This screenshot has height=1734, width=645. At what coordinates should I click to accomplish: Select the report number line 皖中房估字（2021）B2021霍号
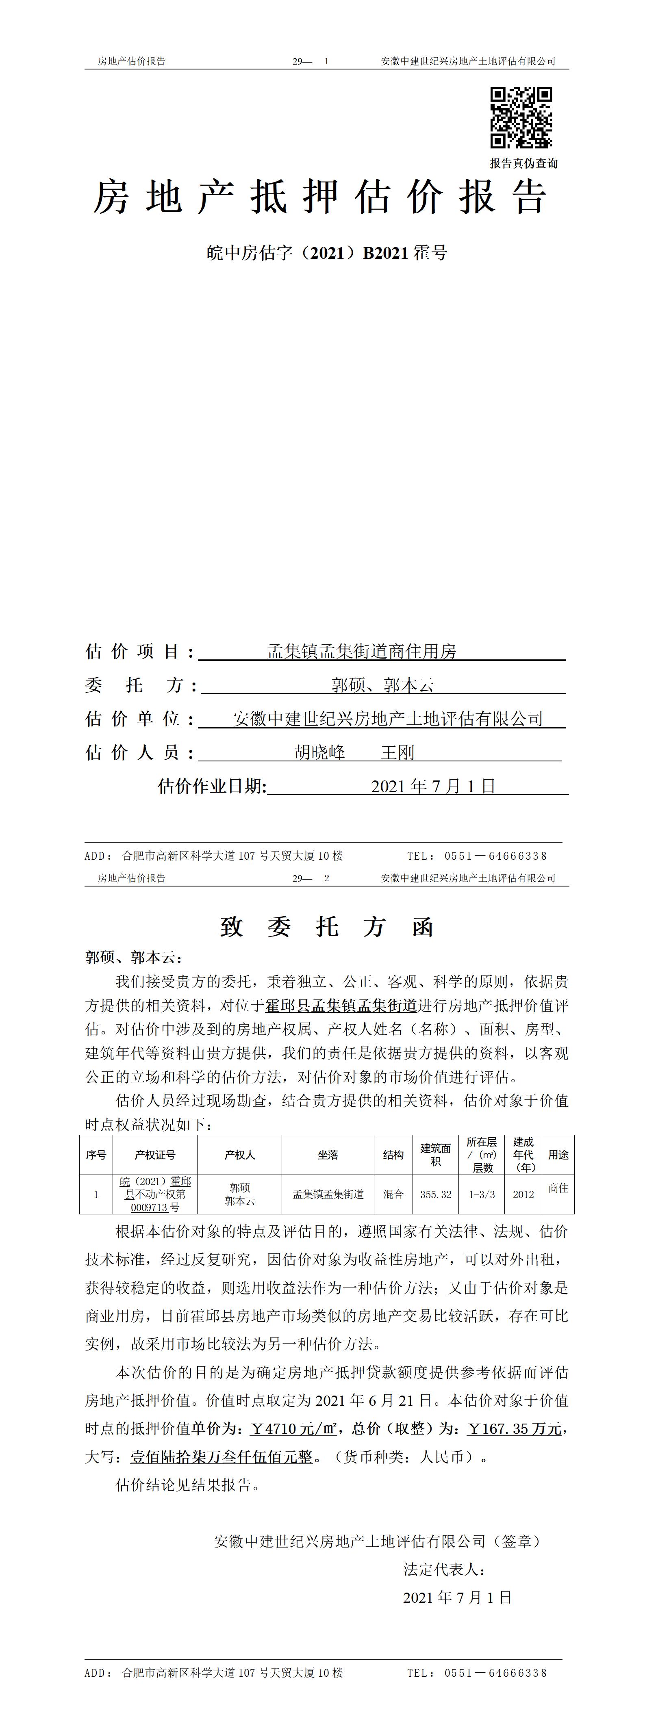pos(326,253)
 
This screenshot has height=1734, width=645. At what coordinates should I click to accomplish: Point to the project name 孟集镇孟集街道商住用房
pos(362,652)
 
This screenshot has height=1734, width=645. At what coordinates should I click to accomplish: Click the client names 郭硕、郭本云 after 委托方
pos(382,685)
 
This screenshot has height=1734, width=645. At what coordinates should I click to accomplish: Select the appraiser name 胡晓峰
pos(320,752)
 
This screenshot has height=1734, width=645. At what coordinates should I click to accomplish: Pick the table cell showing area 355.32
pos(436,1194)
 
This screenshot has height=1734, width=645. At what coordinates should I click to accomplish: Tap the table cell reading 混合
pos(393,1194)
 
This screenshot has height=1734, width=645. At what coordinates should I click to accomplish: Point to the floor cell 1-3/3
pos(482,1194)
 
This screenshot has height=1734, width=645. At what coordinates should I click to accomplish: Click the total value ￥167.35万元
pos(515,1428)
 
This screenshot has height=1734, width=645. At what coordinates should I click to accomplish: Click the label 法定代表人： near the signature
pos(444,1569)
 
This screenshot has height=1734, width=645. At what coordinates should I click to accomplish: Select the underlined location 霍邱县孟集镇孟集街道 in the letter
pos(341,1006)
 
